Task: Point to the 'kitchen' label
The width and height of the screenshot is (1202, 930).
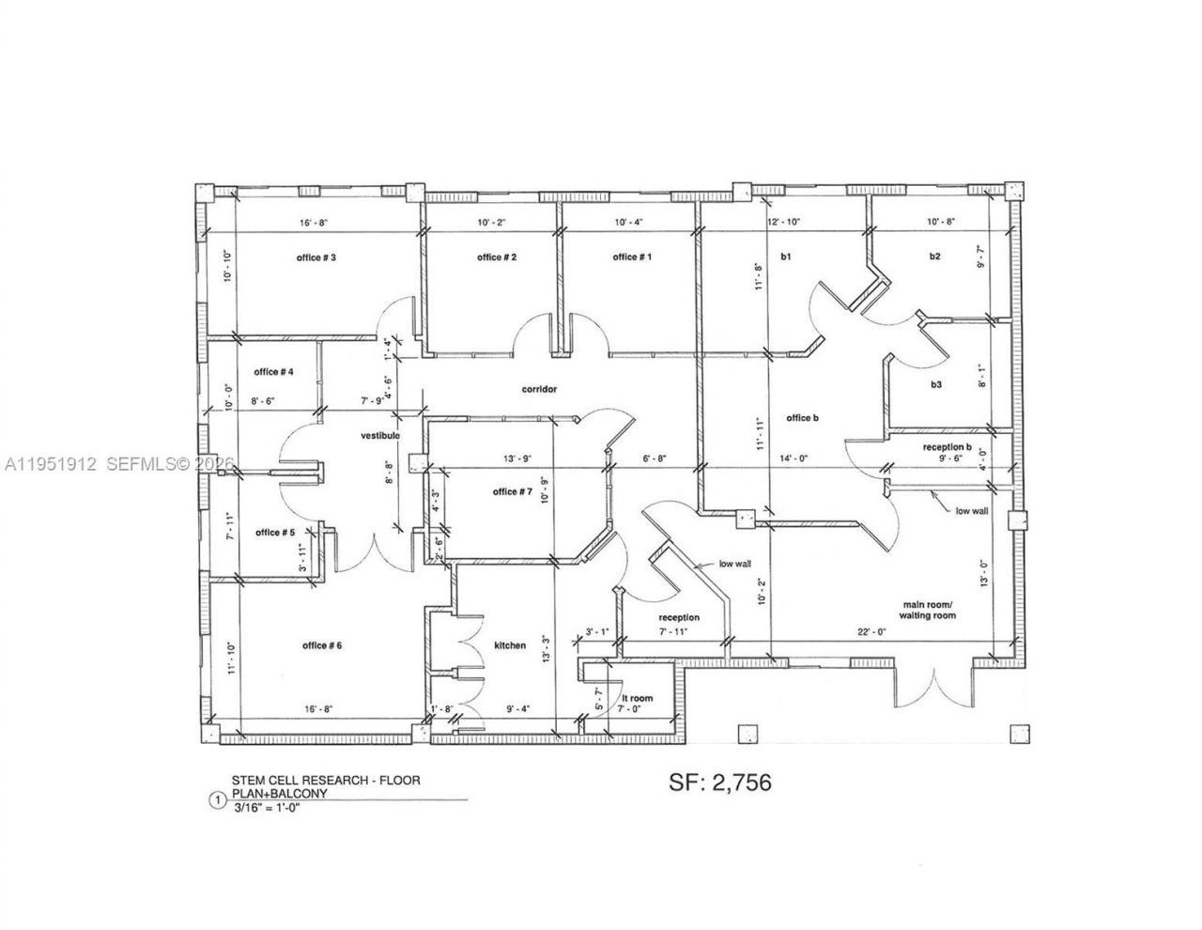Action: click(510, 645)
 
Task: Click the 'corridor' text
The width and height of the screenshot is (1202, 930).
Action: click(540, 388)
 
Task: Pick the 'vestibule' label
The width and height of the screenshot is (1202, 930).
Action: click(380, 436)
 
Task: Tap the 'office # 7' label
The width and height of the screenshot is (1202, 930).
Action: click(512, 491)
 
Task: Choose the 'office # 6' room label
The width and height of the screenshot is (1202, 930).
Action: click(322, 645)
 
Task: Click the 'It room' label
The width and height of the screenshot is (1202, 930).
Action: click(637, 698)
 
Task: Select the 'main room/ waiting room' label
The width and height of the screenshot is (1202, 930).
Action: click(928, 610)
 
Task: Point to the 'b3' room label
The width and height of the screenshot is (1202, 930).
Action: click(936, 384)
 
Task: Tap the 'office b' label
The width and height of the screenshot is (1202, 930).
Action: click(803, 418)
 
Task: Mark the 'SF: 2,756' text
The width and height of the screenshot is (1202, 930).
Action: click(721, 781)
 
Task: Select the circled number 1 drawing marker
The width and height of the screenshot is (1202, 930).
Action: click(218, 801)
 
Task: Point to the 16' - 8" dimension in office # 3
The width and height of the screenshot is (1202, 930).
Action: click(313, 223)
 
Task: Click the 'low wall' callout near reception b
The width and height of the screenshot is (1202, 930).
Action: click(971, 511)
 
